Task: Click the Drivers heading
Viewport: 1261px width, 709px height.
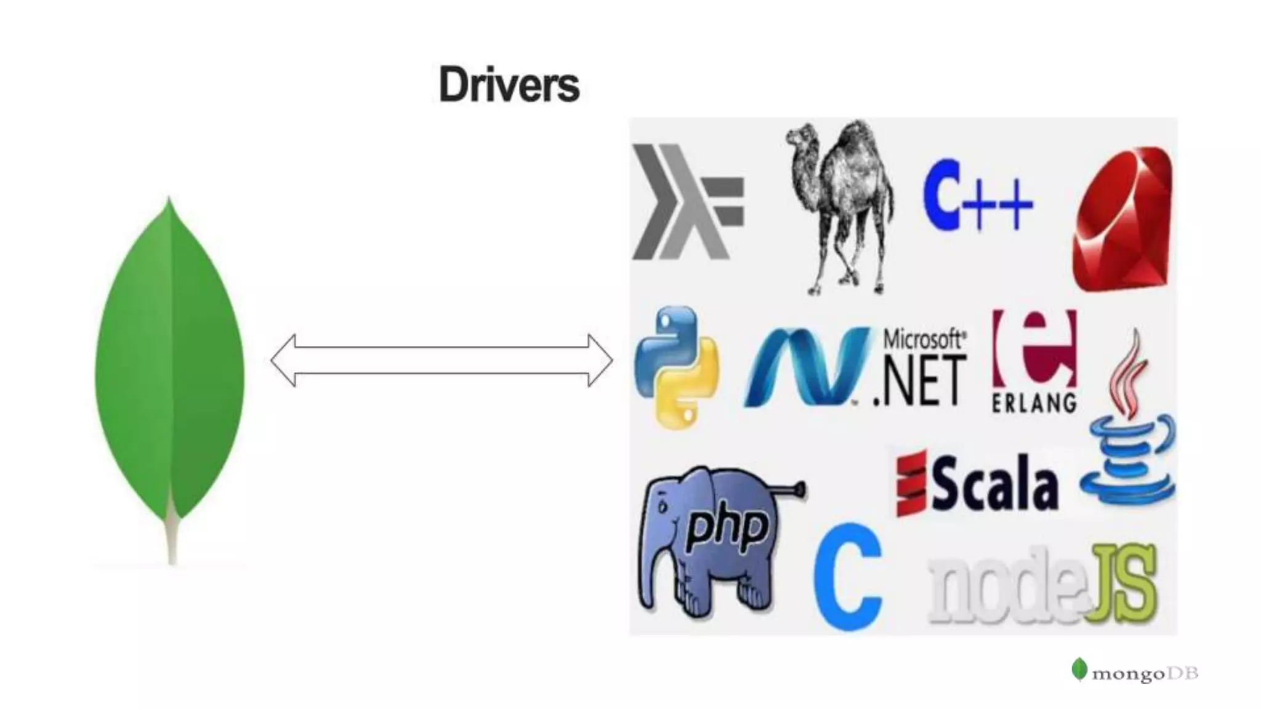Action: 509,85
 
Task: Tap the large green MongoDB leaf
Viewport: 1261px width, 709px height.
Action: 169,369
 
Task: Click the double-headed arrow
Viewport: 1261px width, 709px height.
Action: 441,361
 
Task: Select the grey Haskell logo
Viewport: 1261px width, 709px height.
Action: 687,202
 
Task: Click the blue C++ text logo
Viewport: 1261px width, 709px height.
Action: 977,196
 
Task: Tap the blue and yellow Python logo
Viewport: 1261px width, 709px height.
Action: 676,367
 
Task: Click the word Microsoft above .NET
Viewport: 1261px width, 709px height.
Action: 924,339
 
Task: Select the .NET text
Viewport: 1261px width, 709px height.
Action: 920,383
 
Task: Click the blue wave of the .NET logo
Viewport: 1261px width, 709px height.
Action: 807,367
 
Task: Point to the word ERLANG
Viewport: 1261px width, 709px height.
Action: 1034,403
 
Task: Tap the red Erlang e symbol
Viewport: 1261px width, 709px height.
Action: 1034,347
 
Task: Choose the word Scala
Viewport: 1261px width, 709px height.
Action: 996,484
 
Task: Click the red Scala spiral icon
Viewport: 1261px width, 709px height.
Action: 911,484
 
